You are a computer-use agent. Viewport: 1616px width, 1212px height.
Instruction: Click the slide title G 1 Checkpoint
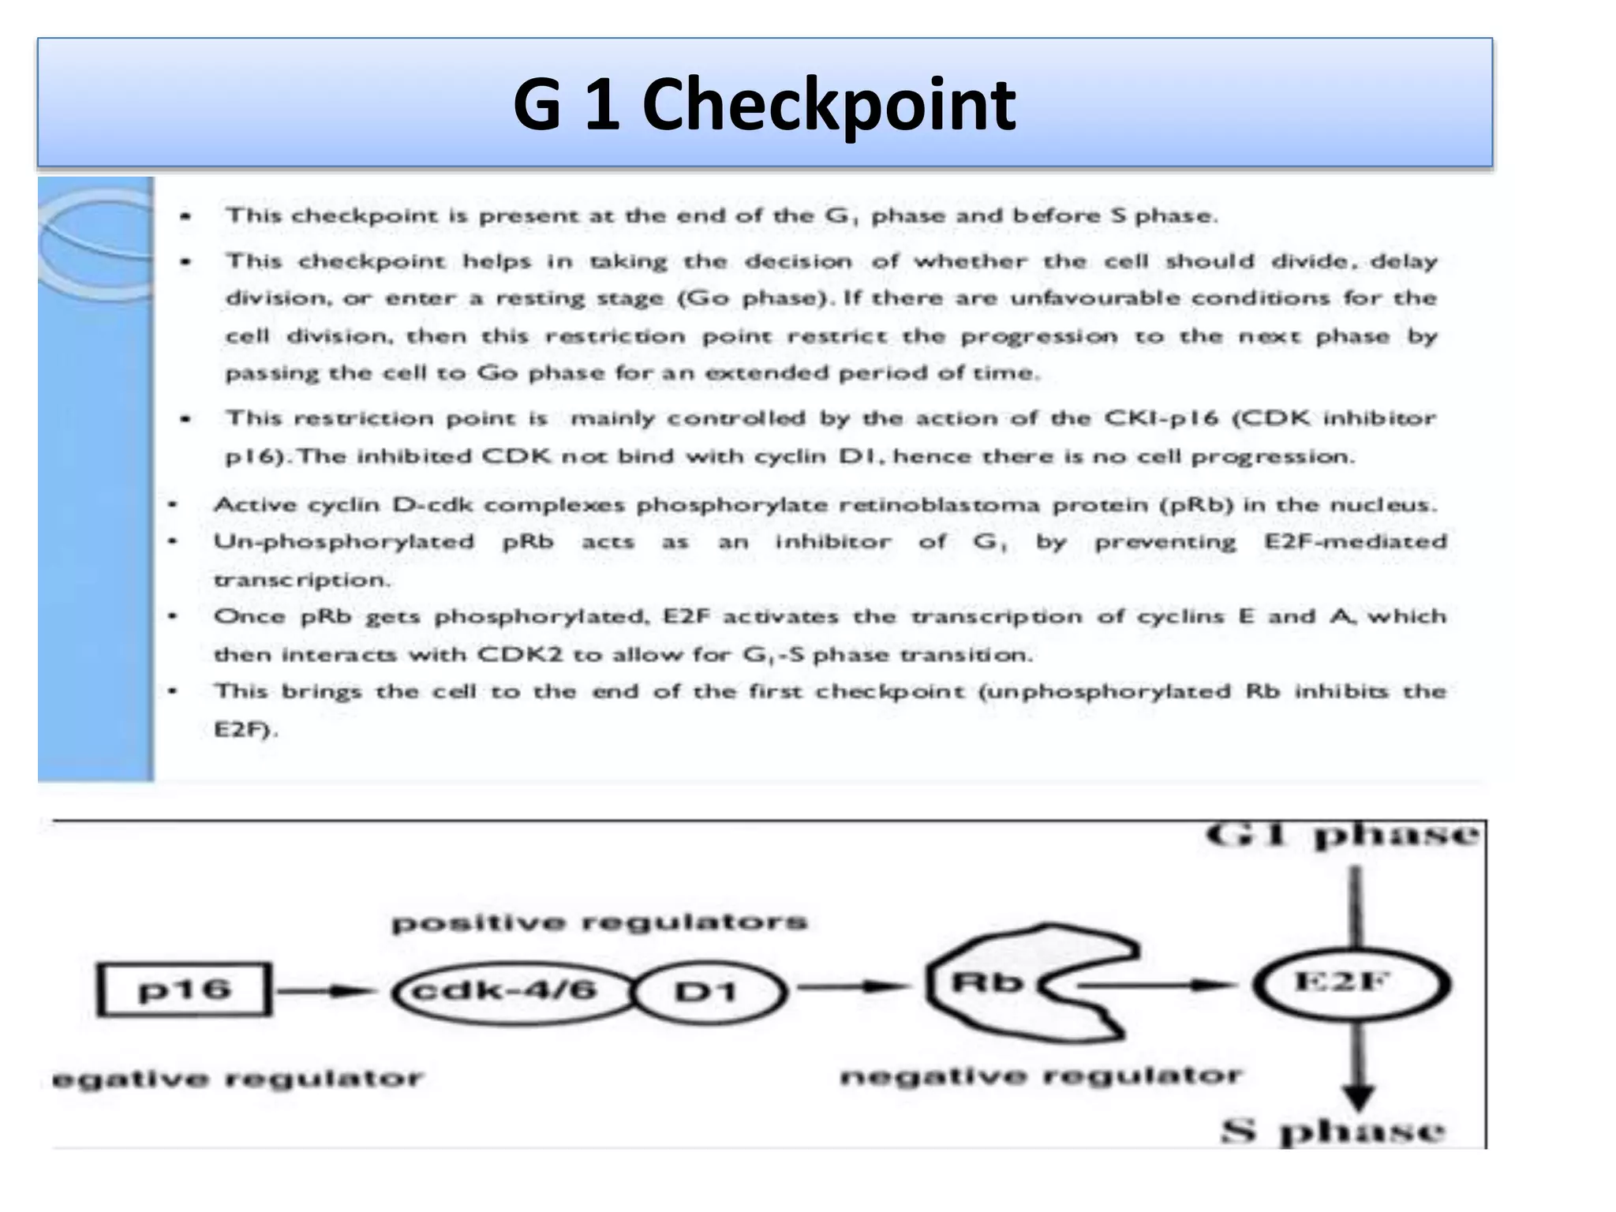coord(764,104)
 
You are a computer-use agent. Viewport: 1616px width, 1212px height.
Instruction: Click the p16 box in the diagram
coord(184,989)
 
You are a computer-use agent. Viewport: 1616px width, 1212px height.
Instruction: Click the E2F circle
coord(1351,983)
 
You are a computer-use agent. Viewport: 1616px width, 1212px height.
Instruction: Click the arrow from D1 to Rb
coord(852,986)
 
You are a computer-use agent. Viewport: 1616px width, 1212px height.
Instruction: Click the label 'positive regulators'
coord(600,922)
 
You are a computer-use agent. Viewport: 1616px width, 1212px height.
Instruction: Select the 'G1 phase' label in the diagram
coord(1341,836)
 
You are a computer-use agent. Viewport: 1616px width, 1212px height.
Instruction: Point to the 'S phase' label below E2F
coord(1334,1132)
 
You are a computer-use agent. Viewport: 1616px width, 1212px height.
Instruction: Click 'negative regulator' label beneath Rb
coord(1041,1076)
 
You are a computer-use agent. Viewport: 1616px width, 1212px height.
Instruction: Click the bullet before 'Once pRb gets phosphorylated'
coord(173,616)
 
